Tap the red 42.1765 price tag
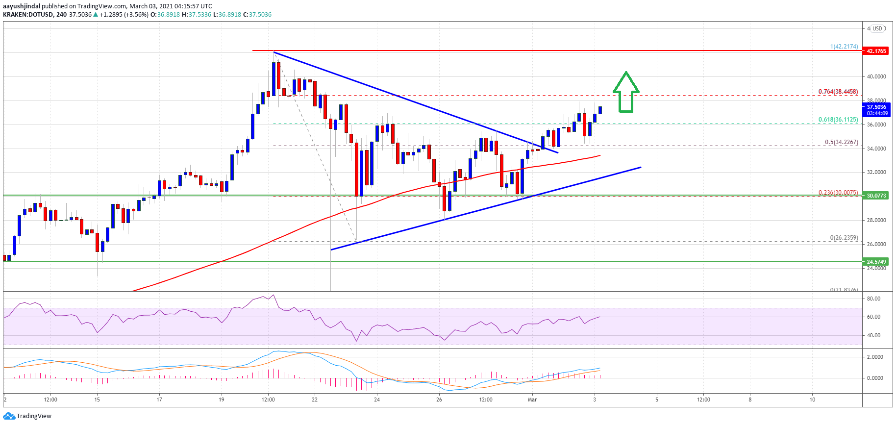pos(876,51)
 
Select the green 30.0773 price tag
pos(876,196)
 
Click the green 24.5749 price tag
pos(876,262)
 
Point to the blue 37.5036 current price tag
pos(876,107)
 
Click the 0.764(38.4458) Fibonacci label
pos(838,92)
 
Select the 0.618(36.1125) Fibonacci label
pos(838,120)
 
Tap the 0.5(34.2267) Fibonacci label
pos(841,142)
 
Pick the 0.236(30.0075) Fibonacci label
pos(838,193)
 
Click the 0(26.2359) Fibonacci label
pos(844,238)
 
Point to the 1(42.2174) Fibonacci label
pos(844,47)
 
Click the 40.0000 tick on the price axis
pos(876,76)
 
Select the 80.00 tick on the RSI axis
pos(873,299)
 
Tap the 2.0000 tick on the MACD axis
pos(875,357)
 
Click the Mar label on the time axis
pos(532,400)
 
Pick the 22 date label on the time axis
pos(315,400)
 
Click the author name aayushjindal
pos(22,6)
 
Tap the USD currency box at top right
pos(877,28)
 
